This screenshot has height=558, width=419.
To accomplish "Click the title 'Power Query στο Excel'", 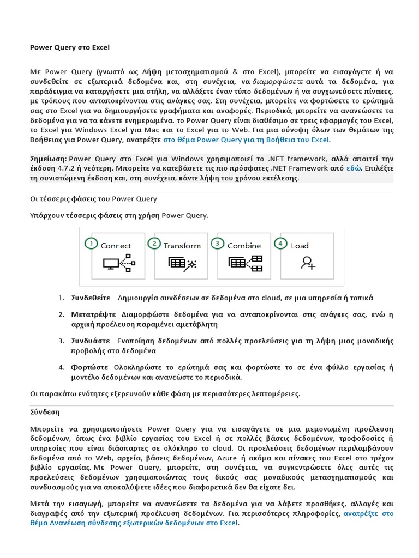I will (69, 47).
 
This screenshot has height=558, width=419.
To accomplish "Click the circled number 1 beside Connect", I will (91, 244).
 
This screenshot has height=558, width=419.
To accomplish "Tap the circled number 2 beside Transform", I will (154, 244).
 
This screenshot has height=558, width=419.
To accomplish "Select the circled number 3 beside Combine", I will (218, 244).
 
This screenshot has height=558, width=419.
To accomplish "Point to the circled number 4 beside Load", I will (281, 244).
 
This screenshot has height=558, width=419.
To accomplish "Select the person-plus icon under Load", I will (308, 263).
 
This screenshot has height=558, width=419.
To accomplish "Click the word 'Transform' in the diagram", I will (182, 246).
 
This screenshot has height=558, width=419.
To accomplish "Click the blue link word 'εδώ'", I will (354, 168).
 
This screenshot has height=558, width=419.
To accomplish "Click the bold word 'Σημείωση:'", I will (47, 159).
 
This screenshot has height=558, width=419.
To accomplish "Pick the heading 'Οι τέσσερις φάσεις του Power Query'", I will (93, 199).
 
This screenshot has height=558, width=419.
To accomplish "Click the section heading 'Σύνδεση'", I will (44, 413).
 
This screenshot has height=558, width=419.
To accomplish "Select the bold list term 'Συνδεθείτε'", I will (91, 298).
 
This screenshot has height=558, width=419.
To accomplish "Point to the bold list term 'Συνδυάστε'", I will (91, 341).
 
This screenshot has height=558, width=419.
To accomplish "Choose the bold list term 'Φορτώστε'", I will (89, 367).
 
